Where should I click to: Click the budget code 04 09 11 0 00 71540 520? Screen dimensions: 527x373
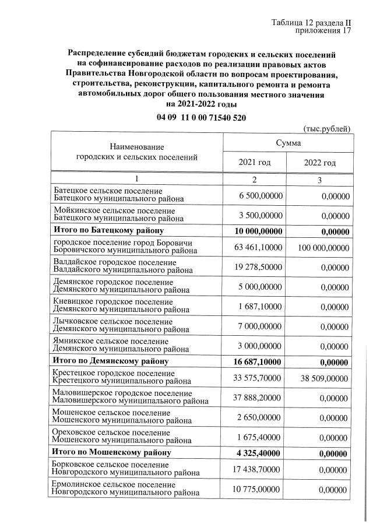(x=201, y=117)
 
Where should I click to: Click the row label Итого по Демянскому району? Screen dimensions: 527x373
(x=110, y=361)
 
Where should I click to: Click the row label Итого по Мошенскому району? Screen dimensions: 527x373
(x=111, y=452)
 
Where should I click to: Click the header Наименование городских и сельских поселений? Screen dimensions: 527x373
(x=137, y=152)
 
